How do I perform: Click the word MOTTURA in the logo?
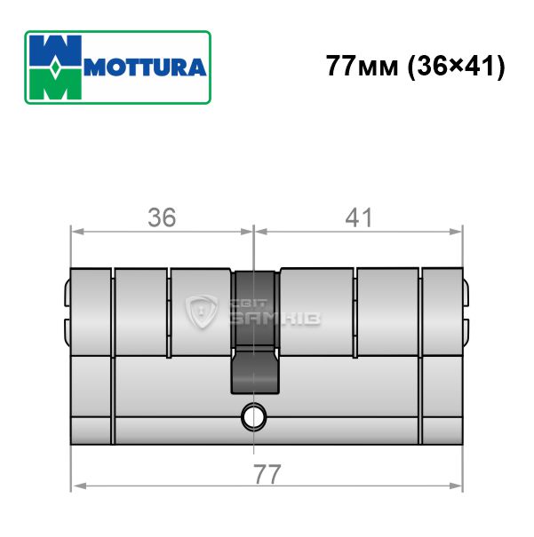tap(145, 67)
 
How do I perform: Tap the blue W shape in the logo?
tap(56, 51)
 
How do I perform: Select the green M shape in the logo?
tap(56, 83)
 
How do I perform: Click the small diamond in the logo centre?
tap(56, 67)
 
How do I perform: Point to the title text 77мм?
tap(362, 66)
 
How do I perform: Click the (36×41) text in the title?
tap(456, 67)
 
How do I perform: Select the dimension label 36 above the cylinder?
tap(162, 217)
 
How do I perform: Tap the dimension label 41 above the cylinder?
tap(358, 217)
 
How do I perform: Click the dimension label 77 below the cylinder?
tap(267, 474)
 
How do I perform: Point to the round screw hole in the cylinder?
tap(253, 416)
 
